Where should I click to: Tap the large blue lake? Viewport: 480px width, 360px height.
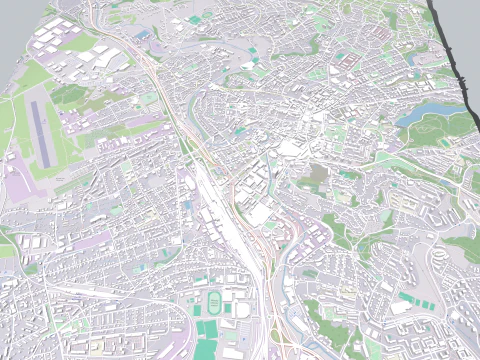click(424, 113)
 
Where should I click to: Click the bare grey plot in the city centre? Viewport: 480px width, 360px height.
click(317, 175)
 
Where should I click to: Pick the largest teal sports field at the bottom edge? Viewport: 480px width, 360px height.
click(207, 331)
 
